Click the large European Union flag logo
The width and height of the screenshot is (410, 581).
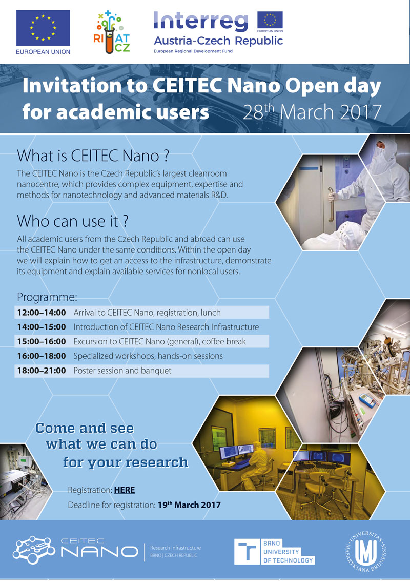click(43, 28)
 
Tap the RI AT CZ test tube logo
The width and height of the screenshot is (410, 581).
click(112, 32)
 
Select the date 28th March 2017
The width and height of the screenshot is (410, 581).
click(312, 111)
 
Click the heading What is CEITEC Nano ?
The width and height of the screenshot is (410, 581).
click(93, 156)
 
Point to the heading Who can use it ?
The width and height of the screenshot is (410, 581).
click(73, 221)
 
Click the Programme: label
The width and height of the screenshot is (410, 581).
click(47, 297)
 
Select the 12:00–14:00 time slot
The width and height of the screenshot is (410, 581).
click(42, 313)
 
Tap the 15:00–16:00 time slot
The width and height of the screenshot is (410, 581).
click(42, 341)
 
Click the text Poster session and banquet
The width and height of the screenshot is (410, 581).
click(122, 371)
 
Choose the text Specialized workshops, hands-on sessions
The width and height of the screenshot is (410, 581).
click(148, 356)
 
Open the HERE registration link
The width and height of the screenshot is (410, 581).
click(125, 490)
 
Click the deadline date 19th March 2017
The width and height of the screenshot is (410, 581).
click(189, 505)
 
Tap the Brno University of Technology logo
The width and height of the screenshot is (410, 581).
click(274, 552)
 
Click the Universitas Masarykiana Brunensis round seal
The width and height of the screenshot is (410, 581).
click(365, 552)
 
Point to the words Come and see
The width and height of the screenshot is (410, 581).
click(85, 429)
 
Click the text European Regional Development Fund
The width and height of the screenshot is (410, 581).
click(193, 51)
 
